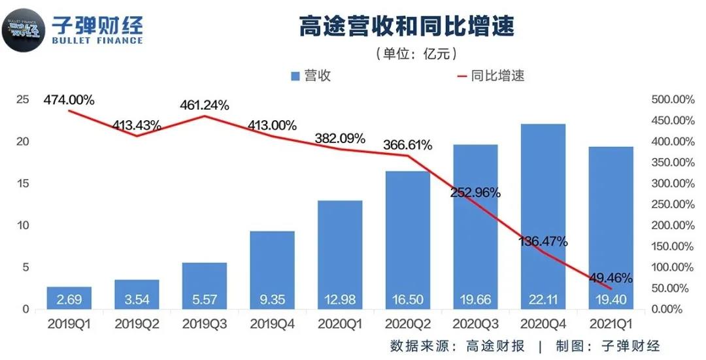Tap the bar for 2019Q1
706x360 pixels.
pos(69,298)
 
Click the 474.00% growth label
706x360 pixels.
pos(69,100)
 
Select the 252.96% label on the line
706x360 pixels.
pos(476,193)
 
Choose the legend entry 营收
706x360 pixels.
pos(310,76)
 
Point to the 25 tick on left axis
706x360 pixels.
pos(23,99)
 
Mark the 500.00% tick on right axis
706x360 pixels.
pos(673,99)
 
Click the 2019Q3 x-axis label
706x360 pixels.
pos(204,323)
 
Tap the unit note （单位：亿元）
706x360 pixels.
pos(416,54)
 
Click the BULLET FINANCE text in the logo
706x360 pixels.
pos(97,41)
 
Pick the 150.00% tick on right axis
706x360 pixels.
pos(673,246)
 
